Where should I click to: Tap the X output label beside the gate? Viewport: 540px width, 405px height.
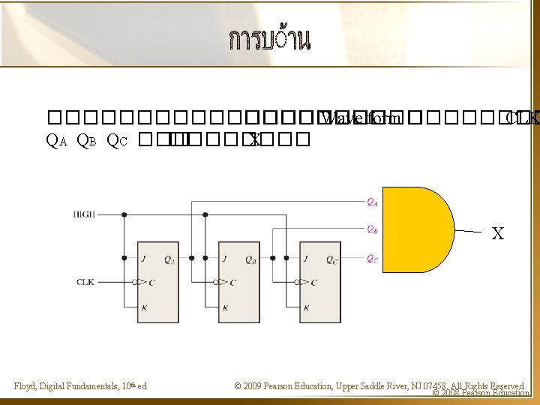pyautogui.click(x=497, y=234)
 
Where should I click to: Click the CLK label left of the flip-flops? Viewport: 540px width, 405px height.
pyautogui.click(x=85, y=282)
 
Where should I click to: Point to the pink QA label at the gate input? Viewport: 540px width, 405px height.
pyautogui.click(x=373, y=201)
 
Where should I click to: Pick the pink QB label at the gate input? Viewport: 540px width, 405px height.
pyautogui.click(x=373, y=229)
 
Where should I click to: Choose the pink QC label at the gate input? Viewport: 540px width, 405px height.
pyautogui.click(x=373, y=259)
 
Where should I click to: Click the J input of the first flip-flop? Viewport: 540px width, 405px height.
pyautogui.click(x=142, y=258)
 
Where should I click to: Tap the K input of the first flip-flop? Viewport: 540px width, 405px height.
pyautogui.click(x=143, y=307)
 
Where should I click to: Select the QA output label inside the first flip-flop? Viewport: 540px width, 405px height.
pyautogui.click(x=169, y=259)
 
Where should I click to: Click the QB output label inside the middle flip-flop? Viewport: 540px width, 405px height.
pyautogui.click(x=250, y=259)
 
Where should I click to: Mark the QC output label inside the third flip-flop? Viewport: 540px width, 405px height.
pyautogui.click(x=331, y=259)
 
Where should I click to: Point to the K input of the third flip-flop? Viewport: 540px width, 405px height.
pyautogui.click(x=305, y=307)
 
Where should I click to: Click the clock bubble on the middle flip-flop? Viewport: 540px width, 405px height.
pyautogui.click(x=215, y=282)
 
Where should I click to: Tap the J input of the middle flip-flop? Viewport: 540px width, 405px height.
pyautogui.click(x=224, y=258)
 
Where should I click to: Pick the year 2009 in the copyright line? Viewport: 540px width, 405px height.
pyautogui.click(x=256, y=386)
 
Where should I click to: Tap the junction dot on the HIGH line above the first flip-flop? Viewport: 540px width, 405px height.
pyautogui.click(x=124, y=214)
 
